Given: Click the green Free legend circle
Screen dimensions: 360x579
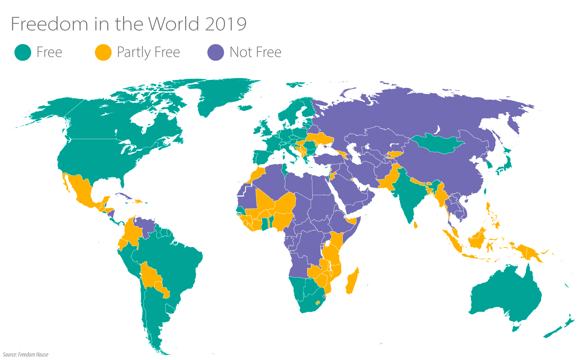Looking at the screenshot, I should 23,52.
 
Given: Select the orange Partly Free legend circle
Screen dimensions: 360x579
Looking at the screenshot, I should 103,52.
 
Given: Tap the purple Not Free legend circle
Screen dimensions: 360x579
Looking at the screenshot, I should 215,52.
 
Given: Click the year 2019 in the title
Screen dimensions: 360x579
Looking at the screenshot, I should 225,24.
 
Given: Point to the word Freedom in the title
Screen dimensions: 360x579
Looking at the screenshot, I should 49,24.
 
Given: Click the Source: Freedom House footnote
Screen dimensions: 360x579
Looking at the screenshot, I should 26,354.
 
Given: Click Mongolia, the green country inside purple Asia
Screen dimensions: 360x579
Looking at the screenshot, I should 436,144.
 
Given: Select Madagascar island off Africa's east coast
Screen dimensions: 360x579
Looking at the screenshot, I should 352,282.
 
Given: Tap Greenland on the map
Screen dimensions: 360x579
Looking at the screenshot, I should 221,94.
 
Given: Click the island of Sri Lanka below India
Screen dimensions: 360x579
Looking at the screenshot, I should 415,224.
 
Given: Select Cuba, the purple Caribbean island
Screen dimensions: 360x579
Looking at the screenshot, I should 123,196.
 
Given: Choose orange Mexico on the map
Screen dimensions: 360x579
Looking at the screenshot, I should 83,191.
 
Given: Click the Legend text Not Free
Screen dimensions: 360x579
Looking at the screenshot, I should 255,52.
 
